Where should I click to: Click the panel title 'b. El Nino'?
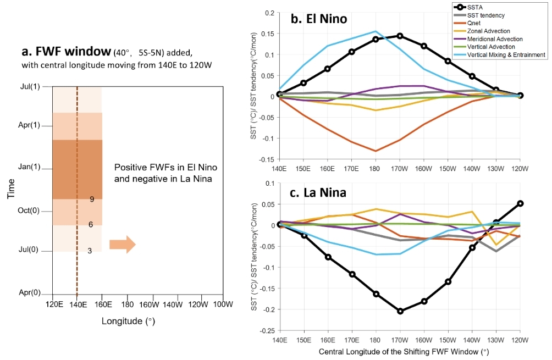pos(319,19)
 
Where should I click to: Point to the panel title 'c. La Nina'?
pos(319,194)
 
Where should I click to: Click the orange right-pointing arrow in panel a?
pos(122,245)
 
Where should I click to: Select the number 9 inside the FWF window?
pos(92,199)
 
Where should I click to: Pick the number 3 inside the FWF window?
pos(90,250)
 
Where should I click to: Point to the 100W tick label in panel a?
pos(222,304)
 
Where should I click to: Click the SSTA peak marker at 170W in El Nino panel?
pos(400,36)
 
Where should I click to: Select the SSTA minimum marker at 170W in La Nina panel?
pos(400,311)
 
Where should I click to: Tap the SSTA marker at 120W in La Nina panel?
pos(520,203)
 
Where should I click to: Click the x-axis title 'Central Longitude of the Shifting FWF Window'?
pos(399,351)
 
